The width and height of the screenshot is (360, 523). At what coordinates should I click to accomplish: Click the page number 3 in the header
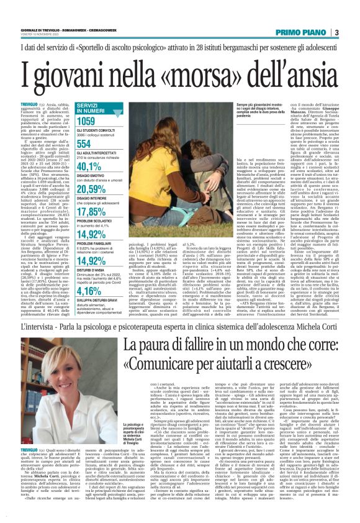[353, 32]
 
